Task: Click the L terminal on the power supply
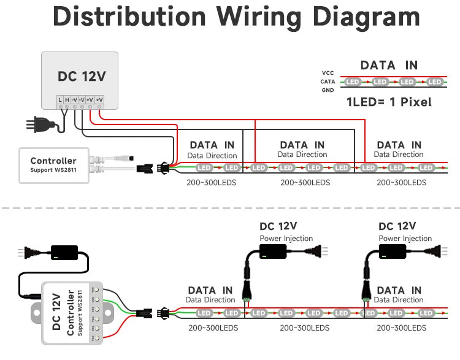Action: [x=60, y=99]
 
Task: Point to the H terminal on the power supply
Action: [x=67, y=99]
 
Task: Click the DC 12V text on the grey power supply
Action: [x=82, y=77]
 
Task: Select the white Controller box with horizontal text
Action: [x=54, y=165]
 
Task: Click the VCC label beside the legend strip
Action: [x=328, y=73]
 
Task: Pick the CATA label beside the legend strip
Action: [x=328, y=82]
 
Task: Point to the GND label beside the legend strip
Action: [x=328, y=90]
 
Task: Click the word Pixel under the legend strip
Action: [x=416, y=102]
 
